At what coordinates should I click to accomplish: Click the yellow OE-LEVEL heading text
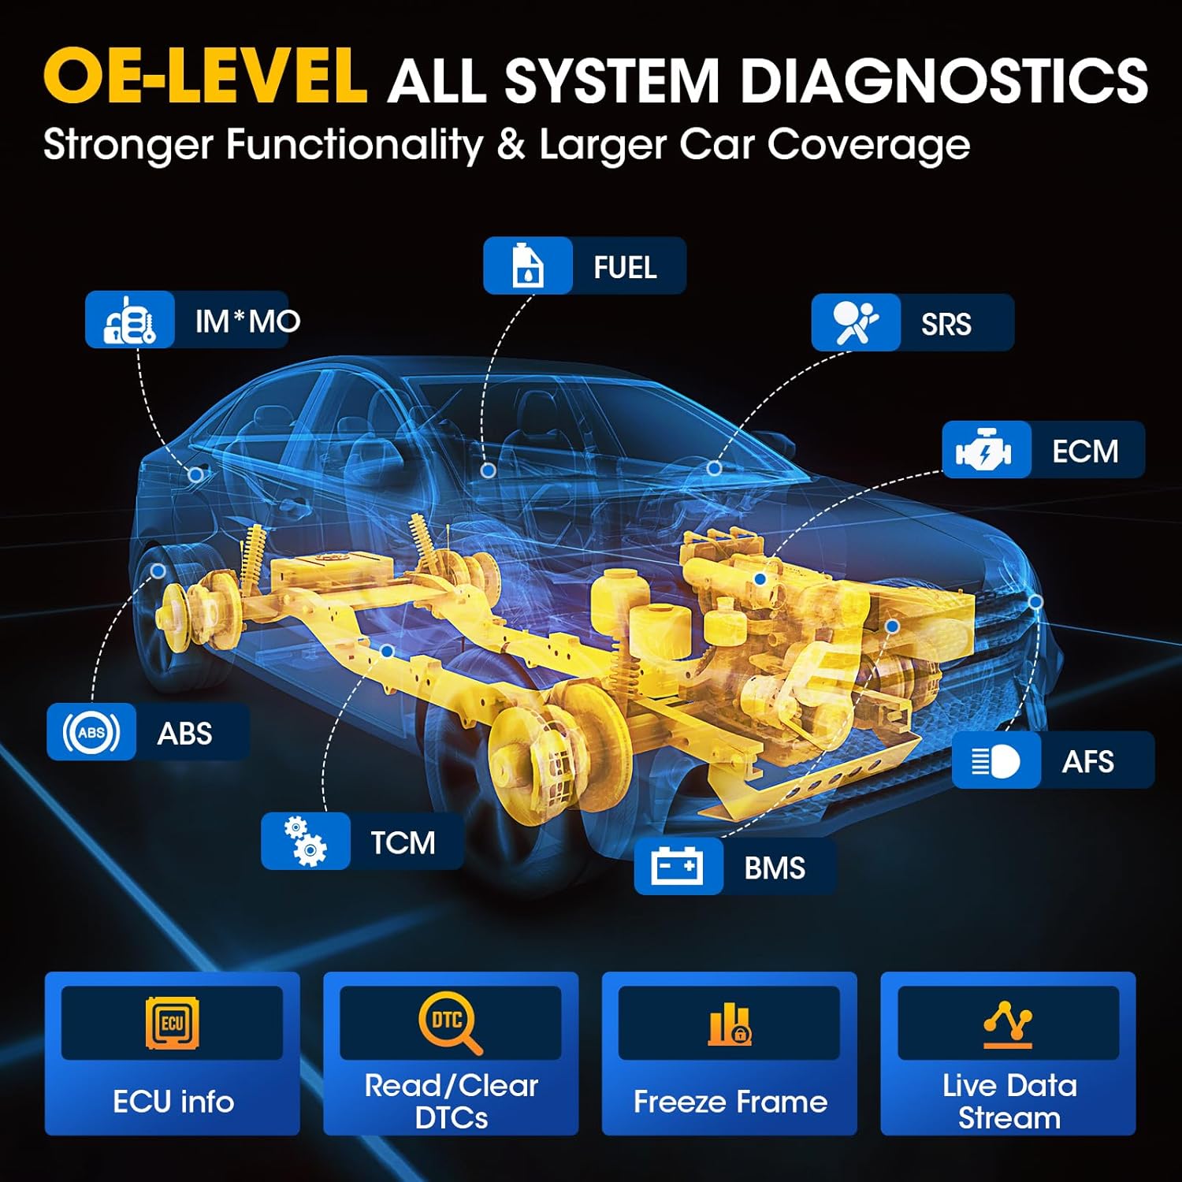tap(205, 76)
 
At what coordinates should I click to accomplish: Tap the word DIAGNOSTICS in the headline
tap(944, 80)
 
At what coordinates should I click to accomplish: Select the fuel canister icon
tap(527, 266)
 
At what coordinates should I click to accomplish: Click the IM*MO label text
tap(247, 321)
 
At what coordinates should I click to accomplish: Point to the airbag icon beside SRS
tap(855, 322)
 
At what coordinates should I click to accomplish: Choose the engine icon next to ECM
tap(985, 450)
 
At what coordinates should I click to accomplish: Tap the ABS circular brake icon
tap(91, 732)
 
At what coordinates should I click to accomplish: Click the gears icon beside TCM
tap(305, 841)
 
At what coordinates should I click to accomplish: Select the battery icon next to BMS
tap(678, 866)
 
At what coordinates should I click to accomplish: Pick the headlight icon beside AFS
tap(996, 760)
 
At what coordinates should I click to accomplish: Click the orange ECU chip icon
tap(173, 1023)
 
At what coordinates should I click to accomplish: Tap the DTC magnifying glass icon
tap(450, 1023)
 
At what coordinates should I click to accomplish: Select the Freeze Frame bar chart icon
tap(730, 1024)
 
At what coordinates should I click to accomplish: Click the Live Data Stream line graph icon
tap(1008, 1024)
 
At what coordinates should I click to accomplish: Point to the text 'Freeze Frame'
tap(730, 1101)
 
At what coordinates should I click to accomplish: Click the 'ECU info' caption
tap(173, 1101)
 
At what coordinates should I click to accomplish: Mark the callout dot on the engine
tap(760, 579)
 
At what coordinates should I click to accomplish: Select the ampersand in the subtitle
tap(511, 145)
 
